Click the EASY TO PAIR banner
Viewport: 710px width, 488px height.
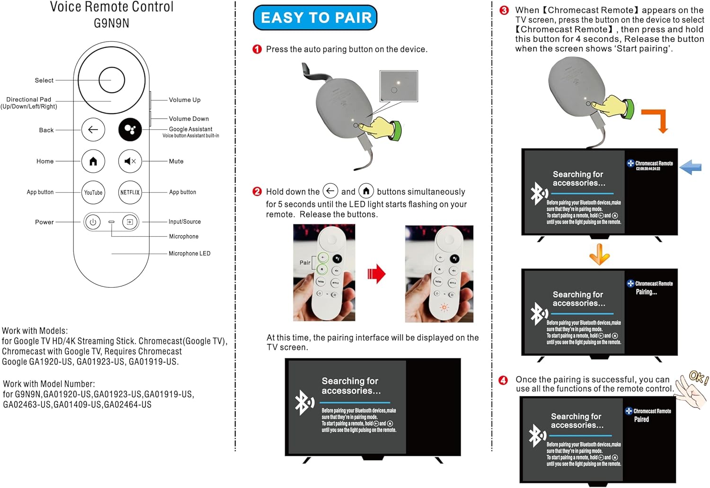tap(315, 18)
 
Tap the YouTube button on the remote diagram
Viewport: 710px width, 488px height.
tap(93, 193)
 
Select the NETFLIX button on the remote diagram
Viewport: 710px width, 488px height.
tap(130, 193)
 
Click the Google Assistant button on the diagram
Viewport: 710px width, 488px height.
tap(130, 130)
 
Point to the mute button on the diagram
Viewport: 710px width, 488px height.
tap(130, 161)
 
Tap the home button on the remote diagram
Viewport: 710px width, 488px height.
tap(93, 161)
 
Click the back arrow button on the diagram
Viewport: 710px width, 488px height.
tap(93, 130)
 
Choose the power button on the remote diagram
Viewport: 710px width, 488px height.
tap(93, 222)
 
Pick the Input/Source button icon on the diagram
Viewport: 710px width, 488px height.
tap(129, 222)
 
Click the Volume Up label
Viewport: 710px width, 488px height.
tap(185, 100)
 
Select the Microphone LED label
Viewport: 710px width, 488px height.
tap(189, 254)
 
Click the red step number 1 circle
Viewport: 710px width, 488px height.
tap(257, 49)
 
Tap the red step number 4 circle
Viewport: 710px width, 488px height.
tap(503, 380)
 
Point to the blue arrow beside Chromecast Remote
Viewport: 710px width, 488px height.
tap(691, 167)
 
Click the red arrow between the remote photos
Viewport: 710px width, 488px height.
tap(377, 274)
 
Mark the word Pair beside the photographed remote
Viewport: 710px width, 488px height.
tap(305, 263)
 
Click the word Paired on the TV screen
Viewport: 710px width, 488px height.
tap(641, 419)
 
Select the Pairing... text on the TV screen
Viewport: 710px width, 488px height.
tap(646, 292)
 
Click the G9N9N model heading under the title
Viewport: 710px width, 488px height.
tap(112, 23)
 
